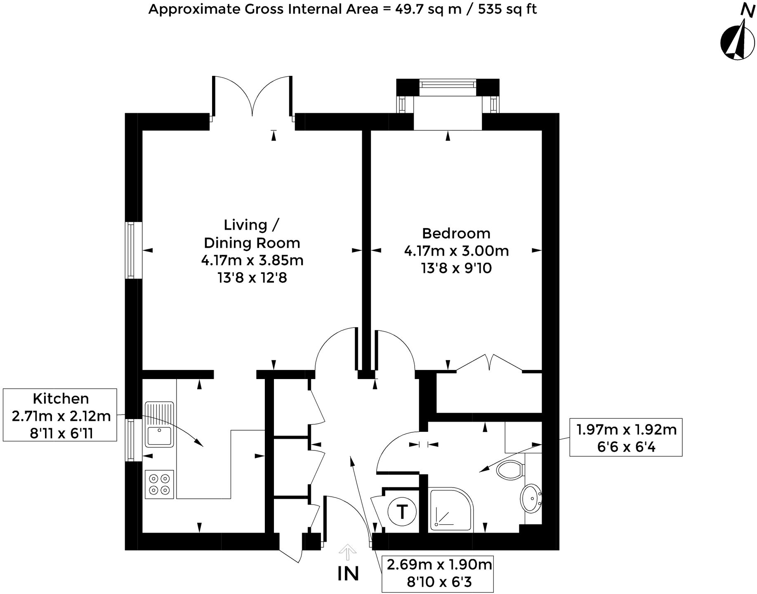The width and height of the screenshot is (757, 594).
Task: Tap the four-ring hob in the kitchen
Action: (x=159, y=484)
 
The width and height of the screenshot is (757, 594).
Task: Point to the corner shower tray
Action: (x=450, y=510)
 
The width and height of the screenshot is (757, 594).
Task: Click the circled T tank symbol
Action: (x=401, y=512)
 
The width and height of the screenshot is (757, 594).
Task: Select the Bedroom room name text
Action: (x=456, y=233)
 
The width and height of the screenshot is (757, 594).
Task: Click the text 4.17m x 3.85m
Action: (x=252, y=260)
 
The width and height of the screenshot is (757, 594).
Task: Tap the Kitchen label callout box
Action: (x=60, y=415)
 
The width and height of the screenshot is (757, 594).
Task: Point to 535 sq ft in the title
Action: (x=507, y=9)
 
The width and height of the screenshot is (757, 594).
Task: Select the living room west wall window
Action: (x=131, y=250)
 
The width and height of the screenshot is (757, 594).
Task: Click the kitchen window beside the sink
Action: (x=130, y=440)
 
